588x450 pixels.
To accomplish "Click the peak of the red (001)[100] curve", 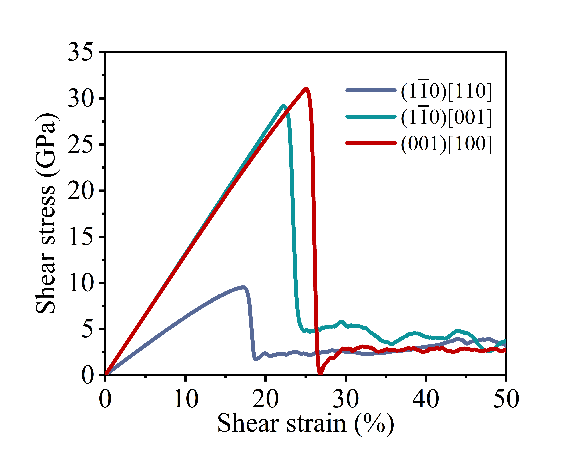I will tap(306, 89).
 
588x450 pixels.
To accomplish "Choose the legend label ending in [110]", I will tap(446, 91).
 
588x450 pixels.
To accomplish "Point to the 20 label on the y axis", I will tap(80, 191).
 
